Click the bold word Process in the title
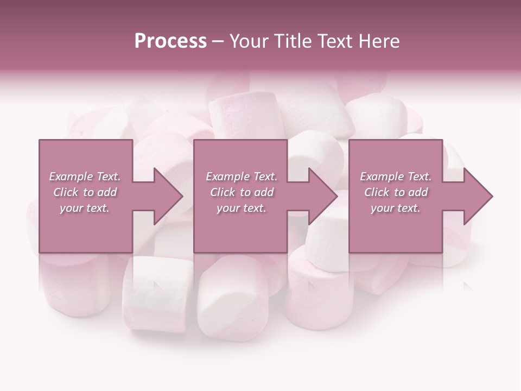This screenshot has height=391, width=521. pyautogui.click(x=170, y=41)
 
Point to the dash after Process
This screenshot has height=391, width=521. pyautogui.click(x=218, y=41)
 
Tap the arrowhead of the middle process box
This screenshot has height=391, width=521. pyautogui.click(x=322, y=196)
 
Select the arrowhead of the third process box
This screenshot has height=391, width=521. pyautogui.click(x=478, y=196)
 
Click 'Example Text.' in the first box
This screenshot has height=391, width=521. pyautogui.click(x=85, y=176)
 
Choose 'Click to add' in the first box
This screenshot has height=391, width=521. pyautogui.click(x=85, y=192)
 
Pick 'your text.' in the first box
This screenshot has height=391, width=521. pyautogui.click(x=85, y=208)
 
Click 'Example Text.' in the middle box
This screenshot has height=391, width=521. pyautogui.click(x=242, y=176)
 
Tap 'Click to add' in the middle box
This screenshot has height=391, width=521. pyautogui.click(x=242, y=192)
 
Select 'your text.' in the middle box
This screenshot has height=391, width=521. pyautogui.click(x=242, y=208)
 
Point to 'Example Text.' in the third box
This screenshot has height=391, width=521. pyautogui.click(x=396, y=176)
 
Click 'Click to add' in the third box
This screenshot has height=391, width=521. pyautogui.click(x=396, y=192)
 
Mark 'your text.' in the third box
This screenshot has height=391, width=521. pyautogui.click(x=396, y=208)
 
